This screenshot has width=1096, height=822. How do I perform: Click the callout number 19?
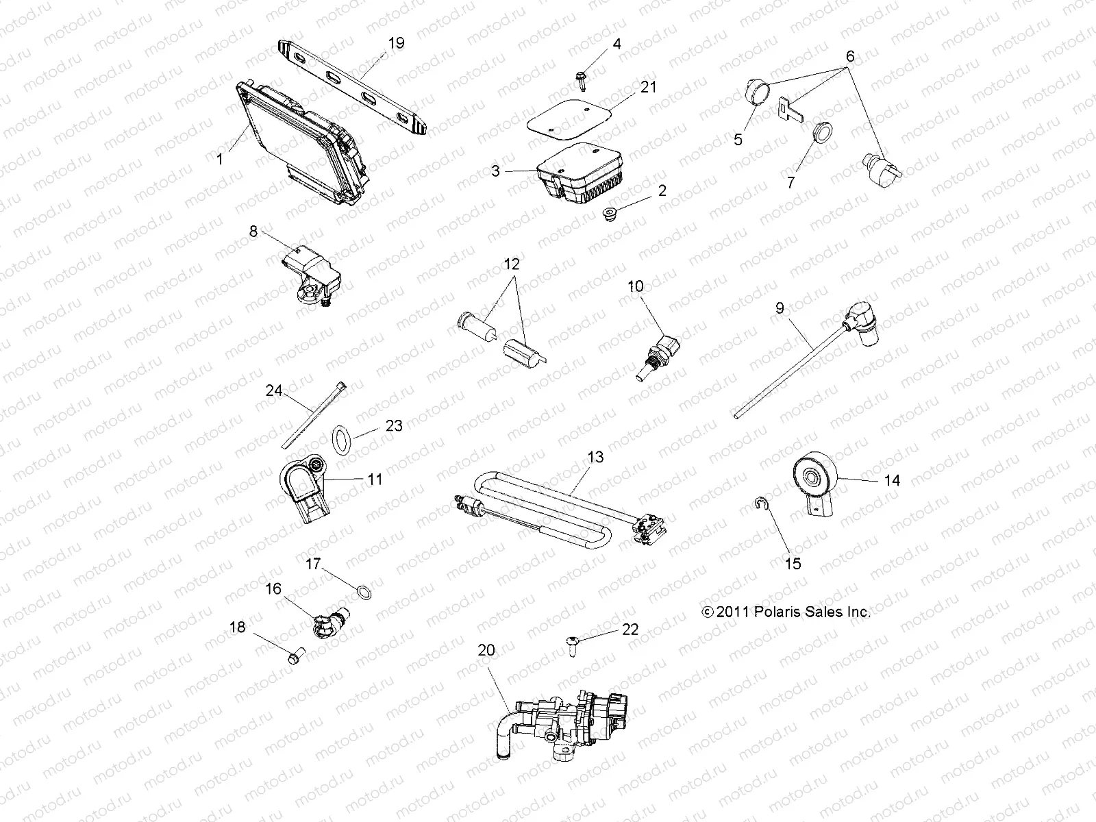click(x=396, y=44)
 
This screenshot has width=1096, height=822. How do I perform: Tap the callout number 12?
click(x=512, y=264)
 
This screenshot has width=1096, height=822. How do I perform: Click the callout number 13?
click(x=595, y=457)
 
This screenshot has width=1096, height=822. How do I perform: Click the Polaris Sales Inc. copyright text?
click(x=786, y=612)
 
